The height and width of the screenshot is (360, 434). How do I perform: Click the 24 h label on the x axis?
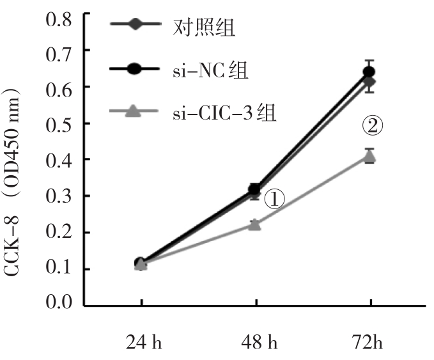pos(141,343)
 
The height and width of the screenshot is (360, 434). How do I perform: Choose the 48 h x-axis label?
pos(256,343)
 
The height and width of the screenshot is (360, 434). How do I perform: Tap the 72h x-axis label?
pos(369,343)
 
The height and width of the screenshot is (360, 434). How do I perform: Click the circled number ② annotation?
pos(373,127)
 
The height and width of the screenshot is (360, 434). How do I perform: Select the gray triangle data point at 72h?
pos(369,156)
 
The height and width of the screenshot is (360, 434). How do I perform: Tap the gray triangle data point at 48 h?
pos(255,224)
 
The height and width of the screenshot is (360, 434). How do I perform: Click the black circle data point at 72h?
pos(369,72)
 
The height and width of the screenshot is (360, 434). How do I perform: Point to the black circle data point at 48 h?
pos(255,189)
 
